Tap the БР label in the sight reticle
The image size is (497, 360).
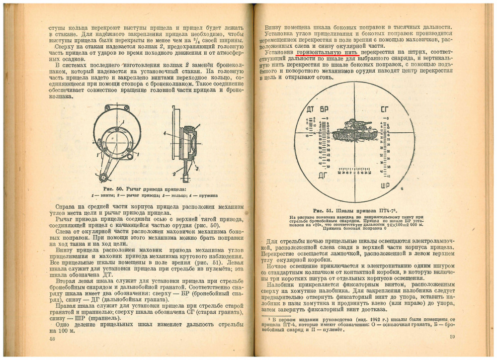pos(324,109)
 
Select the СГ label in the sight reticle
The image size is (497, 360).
pos(385,109)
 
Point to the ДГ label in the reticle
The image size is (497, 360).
pos(323,174)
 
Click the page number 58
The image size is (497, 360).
pos(52,339)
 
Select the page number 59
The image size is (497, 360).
pos(452,338)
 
